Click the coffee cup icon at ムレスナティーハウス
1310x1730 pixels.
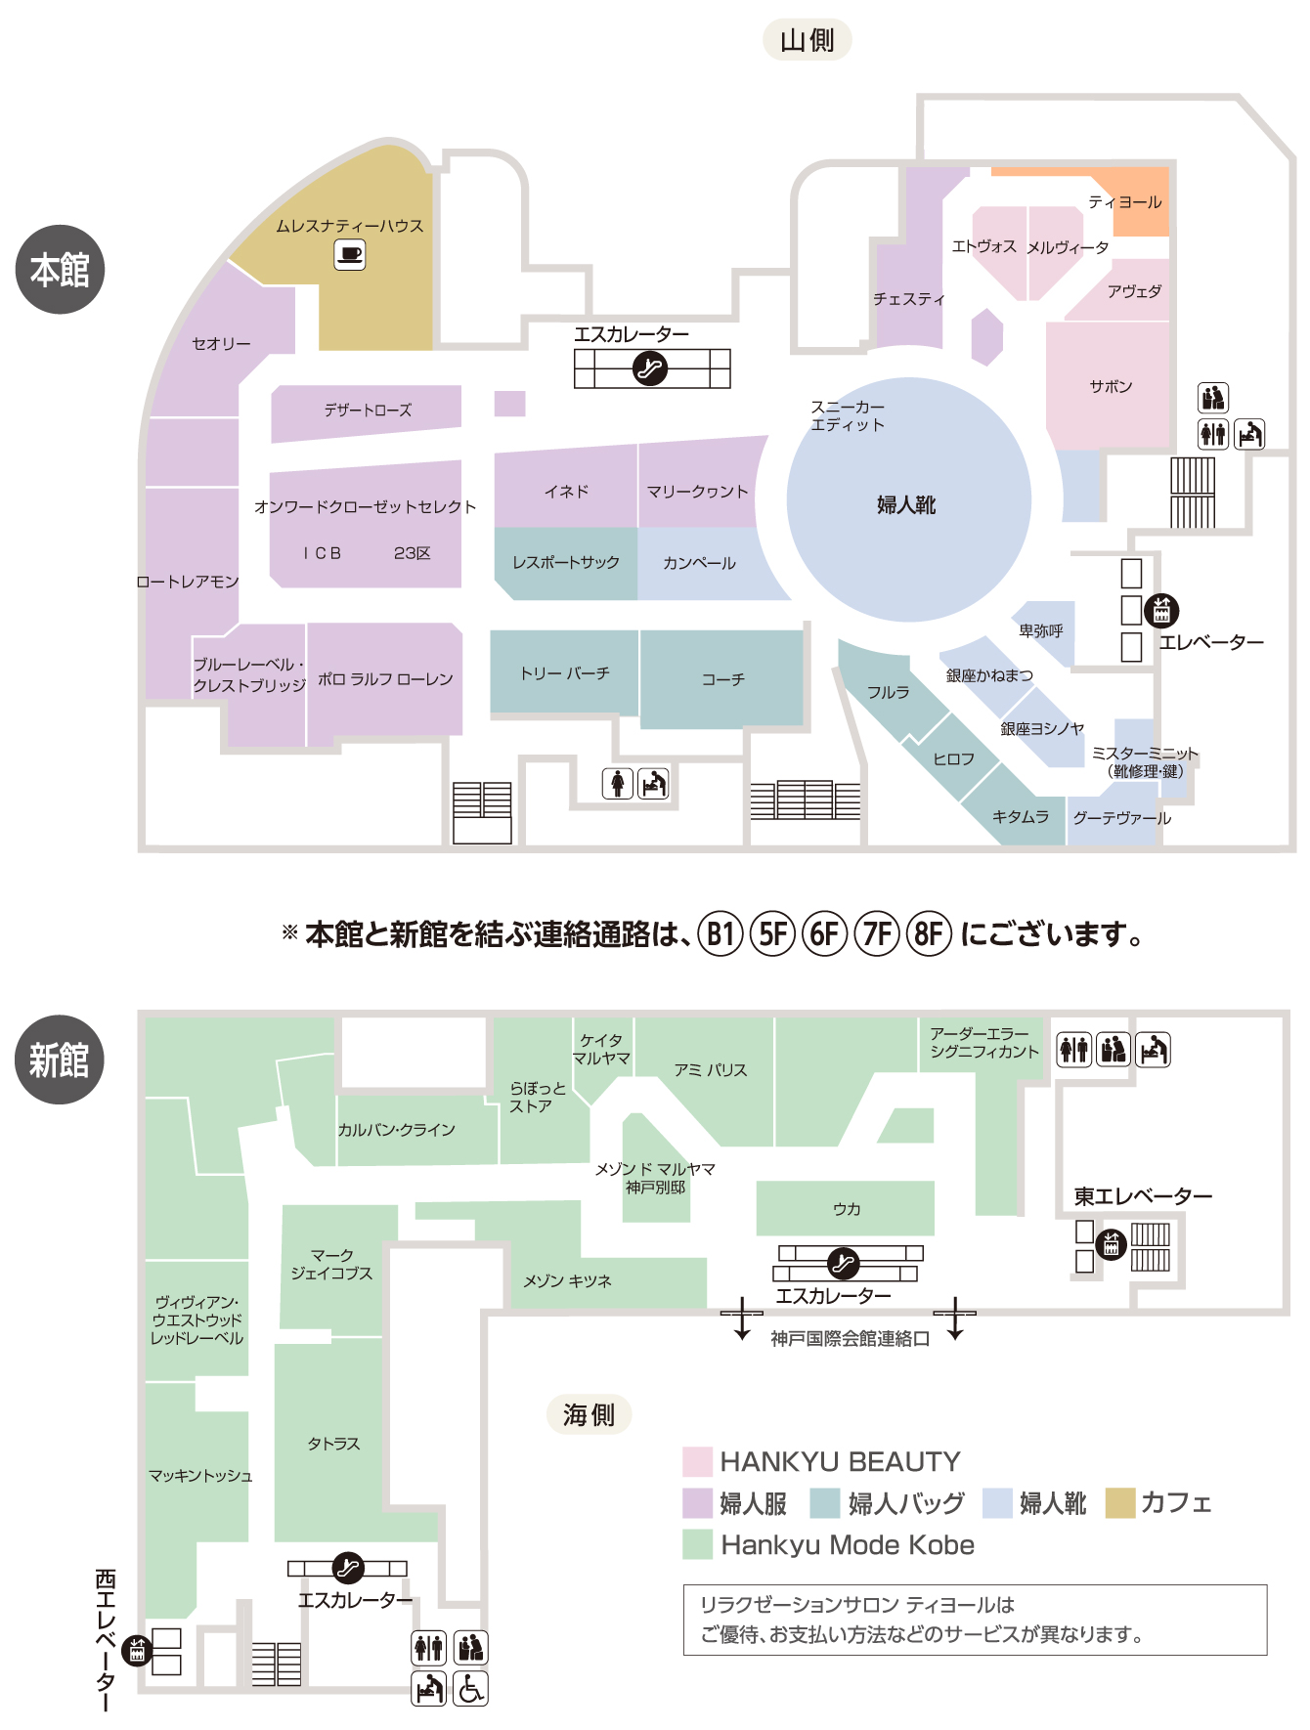(350, 255)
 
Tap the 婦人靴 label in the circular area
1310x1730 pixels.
(906, 504)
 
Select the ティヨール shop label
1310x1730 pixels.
(1125, 202)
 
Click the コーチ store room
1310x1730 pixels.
(722, 679)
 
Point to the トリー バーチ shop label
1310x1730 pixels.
(565, 673)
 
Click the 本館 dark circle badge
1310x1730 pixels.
(60, 270)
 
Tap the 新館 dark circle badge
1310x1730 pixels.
(60, 1060)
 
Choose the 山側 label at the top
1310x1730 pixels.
(807, 40)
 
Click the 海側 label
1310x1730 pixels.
(589, 1414)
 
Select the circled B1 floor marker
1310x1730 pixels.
(720, 934)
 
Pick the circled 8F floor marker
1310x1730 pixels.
(928, 934)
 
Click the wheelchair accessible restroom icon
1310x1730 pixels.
(470, 1689)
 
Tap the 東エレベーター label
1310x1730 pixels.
(1143, 1196)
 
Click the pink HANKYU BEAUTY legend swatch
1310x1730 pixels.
(697, 1462)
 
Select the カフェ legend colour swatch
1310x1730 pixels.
(1119, 1503)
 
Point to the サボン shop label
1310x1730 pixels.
(1111, 386)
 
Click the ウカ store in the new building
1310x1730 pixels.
(846, 1209)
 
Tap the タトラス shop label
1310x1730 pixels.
(333, 1444)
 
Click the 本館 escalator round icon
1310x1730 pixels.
(650, 368)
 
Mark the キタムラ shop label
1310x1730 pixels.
(1021, 816)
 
